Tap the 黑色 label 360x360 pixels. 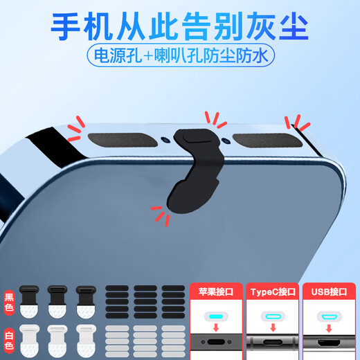point(8,298)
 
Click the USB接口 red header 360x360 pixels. point(327,291)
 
